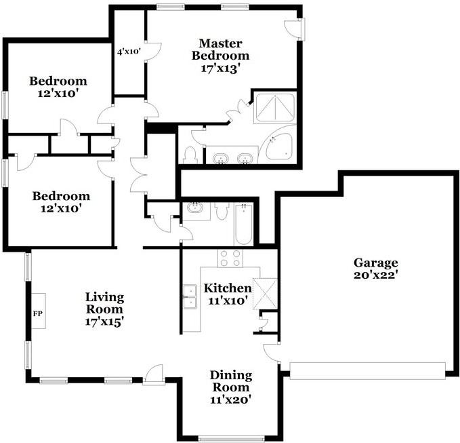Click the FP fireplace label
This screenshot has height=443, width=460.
point(38,313)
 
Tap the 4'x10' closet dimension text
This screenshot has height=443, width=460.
point(129,52)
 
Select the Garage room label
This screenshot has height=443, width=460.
point(376,263)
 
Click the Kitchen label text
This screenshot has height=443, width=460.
point(228,288)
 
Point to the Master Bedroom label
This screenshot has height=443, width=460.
point(220,50)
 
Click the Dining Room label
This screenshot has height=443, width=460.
point(231,381)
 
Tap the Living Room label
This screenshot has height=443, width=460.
point(104,303)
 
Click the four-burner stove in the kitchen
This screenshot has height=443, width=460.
point(230,258)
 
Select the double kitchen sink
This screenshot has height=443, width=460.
point(190,296)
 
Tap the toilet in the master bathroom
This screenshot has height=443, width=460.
point(190,155)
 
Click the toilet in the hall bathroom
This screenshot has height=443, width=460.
point(222,211)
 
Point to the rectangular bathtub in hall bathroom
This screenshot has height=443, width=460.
point(243,225)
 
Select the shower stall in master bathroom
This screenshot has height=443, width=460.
point(275,108)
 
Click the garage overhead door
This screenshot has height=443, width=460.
point(368,370)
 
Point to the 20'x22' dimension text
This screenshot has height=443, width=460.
point(376,275)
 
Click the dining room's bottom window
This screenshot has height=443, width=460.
point(231,439)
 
